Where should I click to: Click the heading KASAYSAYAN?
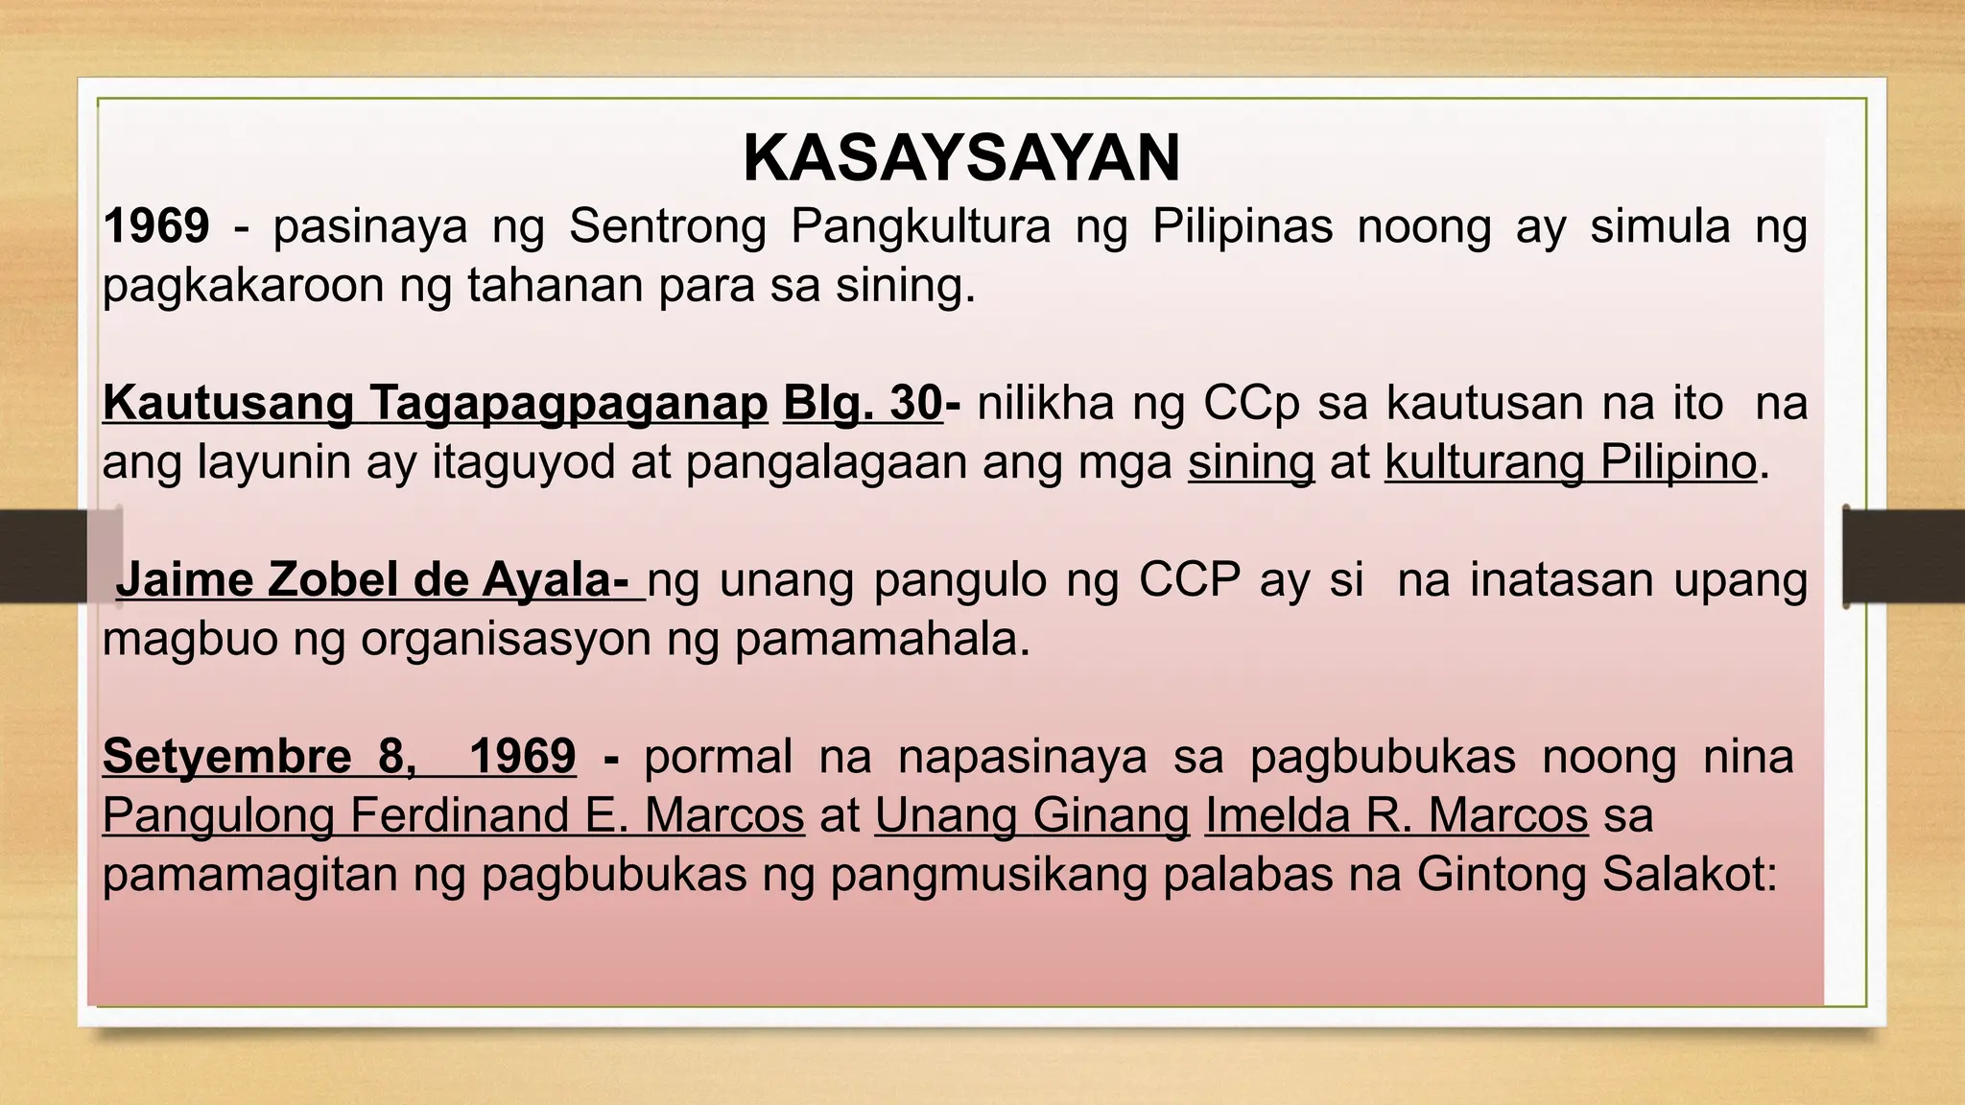tap(961, 158)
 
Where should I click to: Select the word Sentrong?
tap(668, 227)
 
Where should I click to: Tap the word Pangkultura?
tap(920, 227)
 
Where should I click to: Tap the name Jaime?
tap(183, 580)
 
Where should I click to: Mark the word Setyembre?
tap(227, 757)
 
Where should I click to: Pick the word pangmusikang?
tap(988, 875)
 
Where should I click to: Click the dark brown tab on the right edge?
tap(1904, 556)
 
